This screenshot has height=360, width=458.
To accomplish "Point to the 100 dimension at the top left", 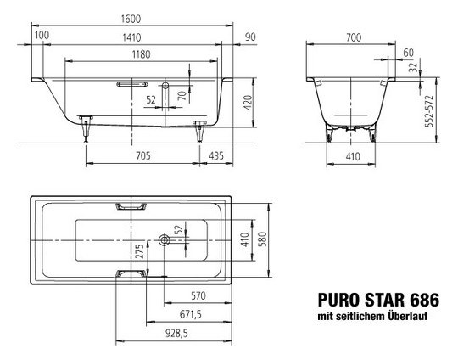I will click(x=42, y=37).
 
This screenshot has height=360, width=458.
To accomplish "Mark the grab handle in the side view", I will click(x=131, y=84).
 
